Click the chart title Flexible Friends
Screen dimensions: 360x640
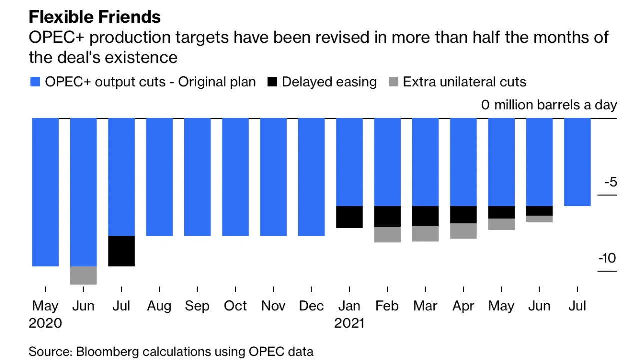click(95, 17)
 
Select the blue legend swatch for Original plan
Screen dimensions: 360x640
click(35, 82)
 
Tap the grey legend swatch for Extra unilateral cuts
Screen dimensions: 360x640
click(393, 82)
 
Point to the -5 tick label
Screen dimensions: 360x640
click(610, 182)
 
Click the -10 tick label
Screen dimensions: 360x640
click(608, 259)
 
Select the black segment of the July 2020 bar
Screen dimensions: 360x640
click(121, 251)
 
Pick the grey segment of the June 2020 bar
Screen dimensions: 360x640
click(83, 275)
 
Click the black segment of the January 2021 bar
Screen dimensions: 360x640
click(349, 217)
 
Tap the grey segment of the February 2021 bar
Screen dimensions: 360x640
click(387, 235)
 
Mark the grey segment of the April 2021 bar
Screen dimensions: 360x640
click(463, 231)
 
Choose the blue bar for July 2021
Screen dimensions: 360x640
click(577, 162)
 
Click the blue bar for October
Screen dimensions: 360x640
click(235, 177)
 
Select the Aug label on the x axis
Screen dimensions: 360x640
click(159, 306)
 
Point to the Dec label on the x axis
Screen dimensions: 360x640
click(311, 306)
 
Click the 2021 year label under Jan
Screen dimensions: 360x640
click(349, 323)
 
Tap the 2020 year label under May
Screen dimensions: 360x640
click(45, 323)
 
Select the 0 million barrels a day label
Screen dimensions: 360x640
click(549, 105)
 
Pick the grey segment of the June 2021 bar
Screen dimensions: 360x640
click(539, 219)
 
